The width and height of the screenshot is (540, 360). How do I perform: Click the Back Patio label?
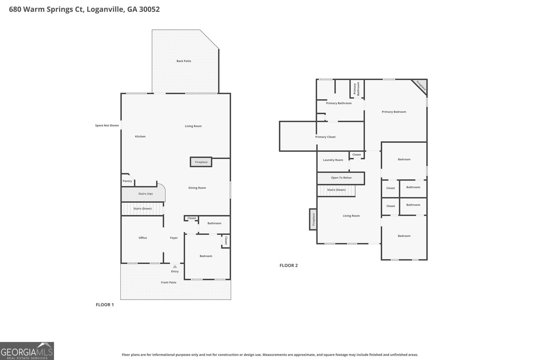[184, 61]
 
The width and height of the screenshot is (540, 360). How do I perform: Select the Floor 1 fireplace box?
[201, 162]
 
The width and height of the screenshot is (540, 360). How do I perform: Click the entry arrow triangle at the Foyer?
[175, 267]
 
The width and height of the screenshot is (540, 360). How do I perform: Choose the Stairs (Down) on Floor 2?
[336, 191]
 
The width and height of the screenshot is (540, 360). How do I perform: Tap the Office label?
[143, 238]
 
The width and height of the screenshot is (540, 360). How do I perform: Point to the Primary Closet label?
[325, 137]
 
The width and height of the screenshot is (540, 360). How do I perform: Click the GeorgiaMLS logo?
[27, 351]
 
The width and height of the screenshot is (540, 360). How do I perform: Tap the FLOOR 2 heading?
[289, 265]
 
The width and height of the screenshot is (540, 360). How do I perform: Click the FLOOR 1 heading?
[105, 305]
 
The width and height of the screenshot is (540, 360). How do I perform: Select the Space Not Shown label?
[107, 125]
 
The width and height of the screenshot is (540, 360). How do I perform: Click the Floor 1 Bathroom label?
[214, 223]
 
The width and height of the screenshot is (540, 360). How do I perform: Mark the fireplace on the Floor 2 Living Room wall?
[313, 219]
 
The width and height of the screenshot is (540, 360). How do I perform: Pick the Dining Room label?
[197, 188]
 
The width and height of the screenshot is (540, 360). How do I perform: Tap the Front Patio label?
[168, 282]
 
